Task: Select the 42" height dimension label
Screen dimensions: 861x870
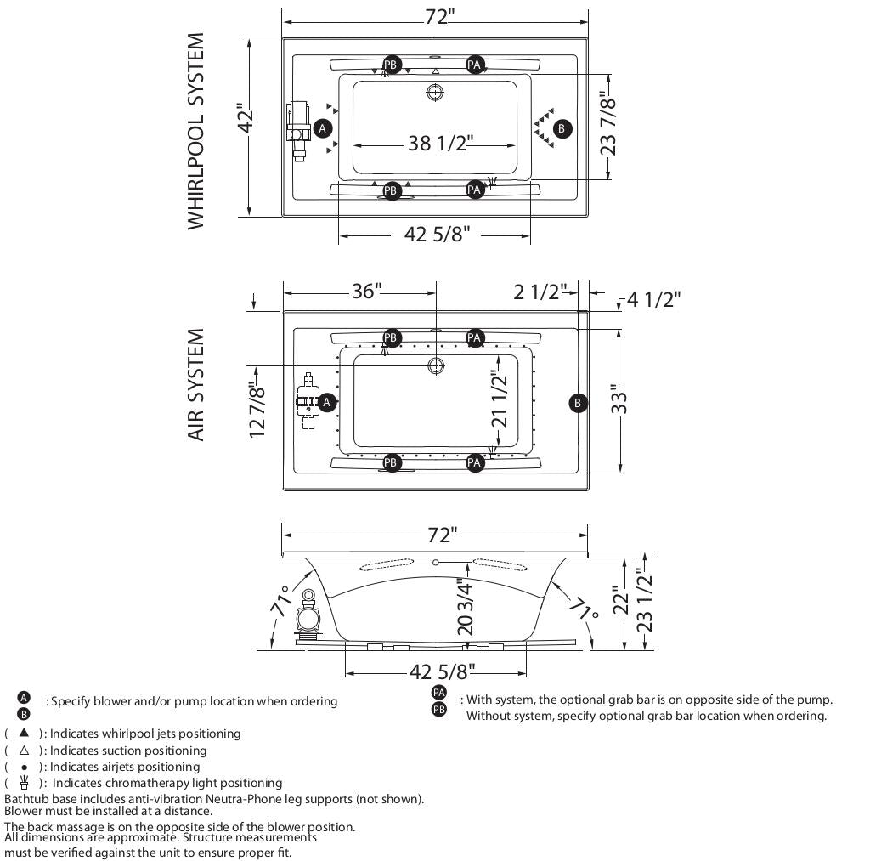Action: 246,118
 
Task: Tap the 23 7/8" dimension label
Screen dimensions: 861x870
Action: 608,123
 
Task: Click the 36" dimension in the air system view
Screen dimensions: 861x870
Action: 366,292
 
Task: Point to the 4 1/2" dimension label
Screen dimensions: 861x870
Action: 654,299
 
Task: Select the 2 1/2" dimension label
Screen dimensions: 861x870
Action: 540,292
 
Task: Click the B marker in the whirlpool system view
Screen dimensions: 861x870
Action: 562,129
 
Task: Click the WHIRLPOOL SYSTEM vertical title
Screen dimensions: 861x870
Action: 196,131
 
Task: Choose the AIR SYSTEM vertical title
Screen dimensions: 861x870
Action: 196,384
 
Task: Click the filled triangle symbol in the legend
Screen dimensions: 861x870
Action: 24,732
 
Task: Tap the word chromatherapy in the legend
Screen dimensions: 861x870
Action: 139,783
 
